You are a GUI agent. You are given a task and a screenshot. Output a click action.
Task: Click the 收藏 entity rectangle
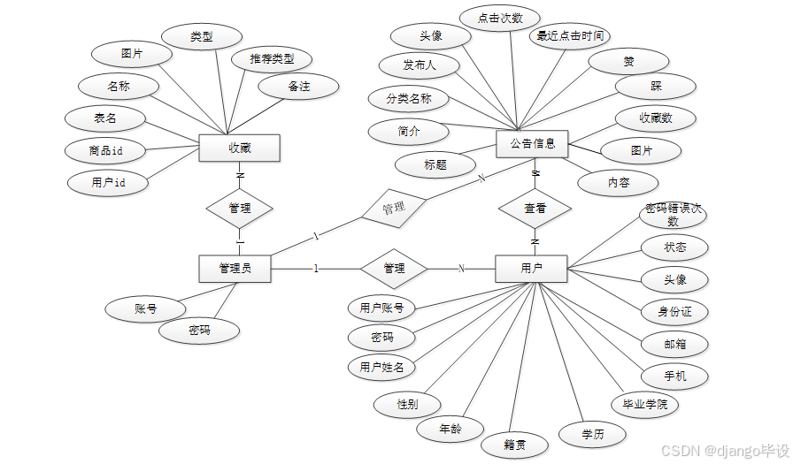coord(239,148)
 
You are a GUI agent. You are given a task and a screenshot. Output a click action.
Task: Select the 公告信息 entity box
coord(532,144)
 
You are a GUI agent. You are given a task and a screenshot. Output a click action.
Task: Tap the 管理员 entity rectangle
coord(235,268)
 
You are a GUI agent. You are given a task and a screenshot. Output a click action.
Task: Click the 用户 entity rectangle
coord(531,268)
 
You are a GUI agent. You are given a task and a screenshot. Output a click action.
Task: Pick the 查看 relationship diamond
coord(535,209)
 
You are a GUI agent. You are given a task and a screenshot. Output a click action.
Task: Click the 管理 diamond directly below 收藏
coord(239,209)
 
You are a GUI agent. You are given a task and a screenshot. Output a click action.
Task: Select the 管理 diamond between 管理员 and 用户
coord(394,268)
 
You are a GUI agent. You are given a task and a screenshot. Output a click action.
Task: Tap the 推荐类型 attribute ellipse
coord(272,59)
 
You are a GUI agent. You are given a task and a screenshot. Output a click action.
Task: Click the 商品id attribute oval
coord(105,150)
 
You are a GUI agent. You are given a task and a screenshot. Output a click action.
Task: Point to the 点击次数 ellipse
coord(500,18)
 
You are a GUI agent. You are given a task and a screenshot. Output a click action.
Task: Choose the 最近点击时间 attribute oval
coord(570,36)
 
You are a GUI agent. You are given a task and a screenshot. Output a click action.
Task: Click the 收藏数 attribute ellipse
coord(656,118)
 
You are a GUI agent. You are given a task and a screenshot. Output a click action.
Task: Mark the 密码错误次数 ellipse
coord(674,215)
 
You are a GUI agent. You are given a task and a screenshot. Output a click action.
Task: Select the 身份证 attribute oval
coord(674,311)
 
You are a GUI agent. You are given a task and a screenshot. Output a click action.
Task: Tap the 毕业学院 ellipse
coord(645,405)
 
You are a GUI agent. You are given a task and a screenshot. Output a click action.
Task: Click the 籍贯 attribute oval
coord(514,444)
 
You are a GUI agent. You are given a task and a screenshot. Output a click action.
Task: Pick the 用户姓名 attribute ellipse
coord(381,366)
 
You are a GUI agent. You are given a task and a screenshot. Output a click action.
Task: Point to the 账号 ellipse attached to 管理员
coord(145,308)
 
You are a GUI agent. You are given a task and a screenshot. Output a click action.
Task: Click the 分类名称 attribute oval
coord(409,98)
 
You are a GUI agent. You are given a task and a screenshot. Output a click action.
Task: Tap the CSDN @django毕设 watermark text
coord(725,451)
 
